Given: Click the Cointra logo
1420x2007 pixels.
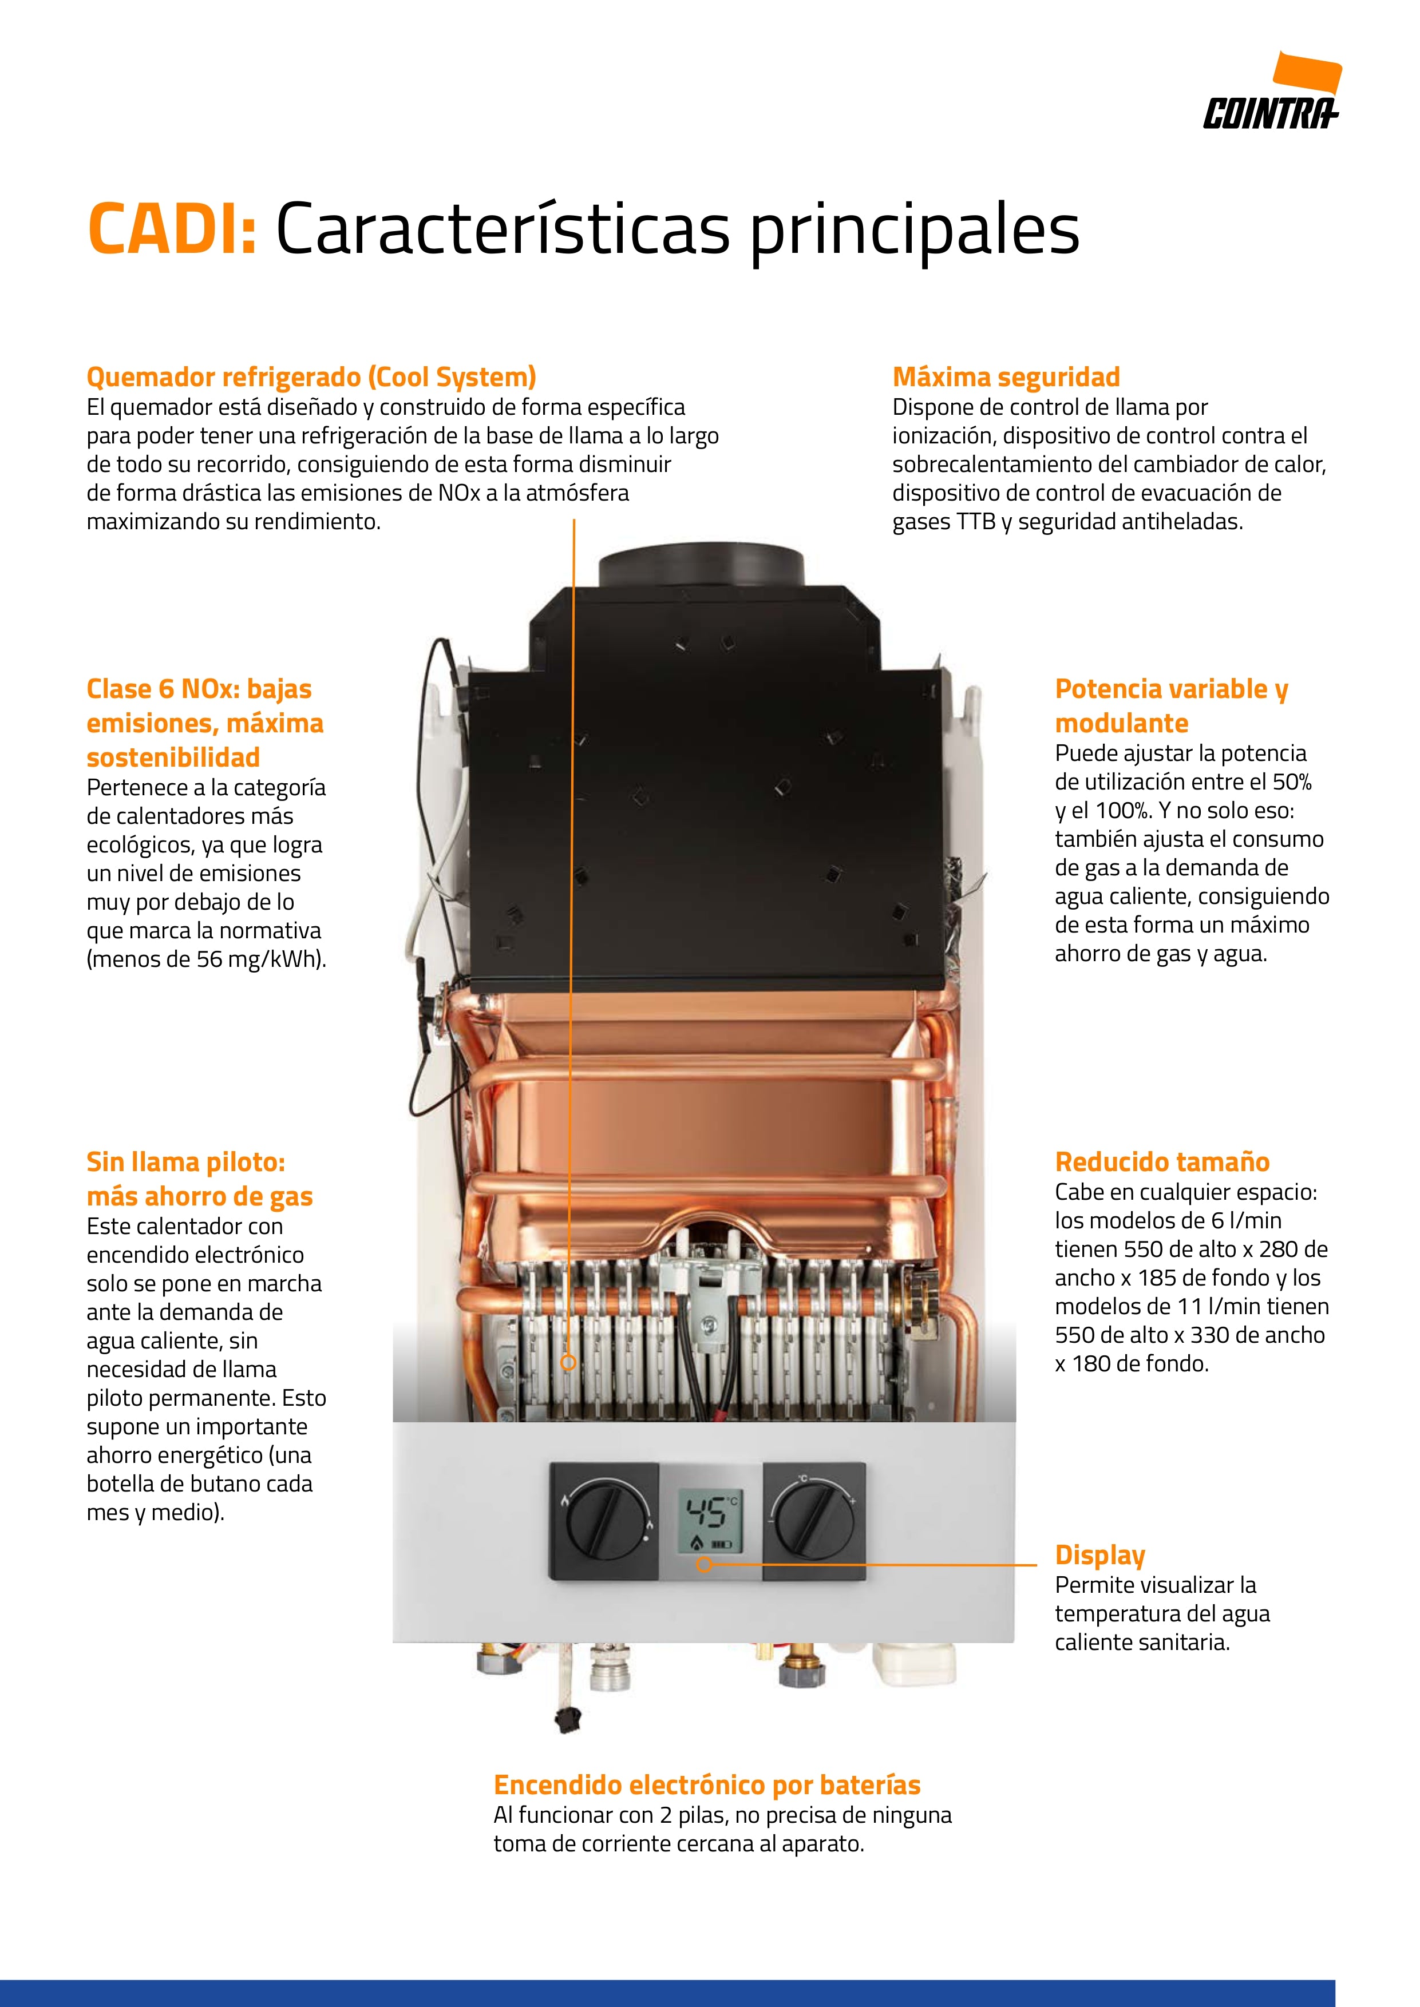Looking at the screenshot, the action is point(1272,91).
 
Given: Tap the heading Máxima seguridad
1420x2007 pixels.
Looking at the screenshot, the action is point(1006,377).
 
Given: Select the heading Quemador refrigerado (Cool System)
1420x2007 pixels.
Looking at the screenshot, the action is point(311,378).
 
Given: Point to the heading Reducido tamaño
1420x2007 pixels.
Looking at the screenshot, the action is point(1162,1162).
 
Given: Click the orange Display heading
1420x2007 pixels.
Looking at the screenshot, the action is point(1100,1556).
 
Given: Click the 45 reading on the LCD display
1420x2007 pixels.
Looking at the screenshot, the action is point(704,1512).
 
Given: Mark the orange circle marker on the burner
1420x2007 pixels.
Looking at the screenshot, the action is point(568,1362).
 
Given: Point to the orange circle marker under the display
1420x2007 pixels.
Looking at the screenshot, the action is point(704,1564).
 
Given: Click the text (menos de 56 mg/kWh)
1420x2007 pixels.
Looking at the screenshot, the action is point(207,959).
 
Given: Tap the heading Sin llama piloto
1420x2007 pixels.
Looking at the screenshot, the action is point(185,1162).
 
